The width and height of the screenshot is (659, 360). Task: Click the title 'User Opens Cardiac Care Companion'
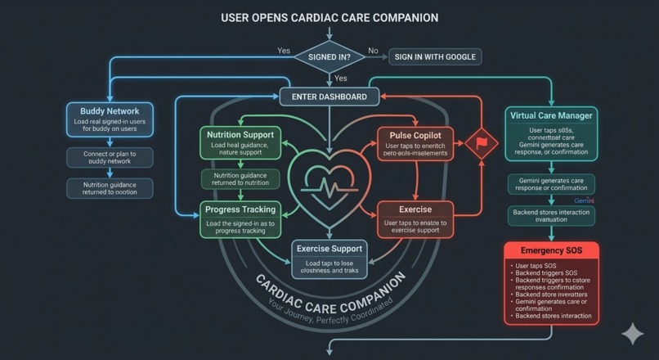click(x=329, y=17)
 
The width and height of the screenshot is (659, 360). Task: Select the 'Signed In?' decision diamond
click(x=329, y=57)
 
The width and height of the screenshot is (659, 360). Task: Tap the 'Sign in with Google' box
click(x=434, y=57)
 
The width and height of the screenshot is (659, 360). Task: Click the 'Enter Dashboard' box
click(x=329, y=97)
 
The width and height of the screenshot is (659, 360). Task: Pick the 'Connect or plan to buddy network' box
click(x=110, y=157)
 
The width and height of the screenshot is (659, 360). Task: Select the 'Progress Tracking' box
click(x=240, y=220)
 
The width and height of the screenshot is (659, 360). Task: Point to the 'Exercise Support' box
click(x=329, y=257)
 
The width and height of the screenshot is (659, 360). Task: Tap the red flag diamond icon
click(x=482, y=142)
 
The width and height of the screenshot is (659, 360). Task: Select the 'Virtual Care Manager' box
click(x=551, y=135)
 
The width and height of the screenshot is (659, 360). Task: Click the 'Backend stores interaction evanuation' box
click(x=551, y=215)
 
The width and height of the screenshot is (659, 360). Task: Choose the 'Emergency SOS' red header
click(x=551, y=250)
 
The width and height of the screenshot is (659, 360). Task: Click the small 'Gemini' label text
click(x=584, y=200)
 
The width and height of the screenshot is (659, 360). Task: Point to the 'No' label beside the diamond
click(x=374, y=51)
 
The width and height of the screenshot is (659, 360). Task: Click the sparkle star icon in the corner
click(x=632, y=334)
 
